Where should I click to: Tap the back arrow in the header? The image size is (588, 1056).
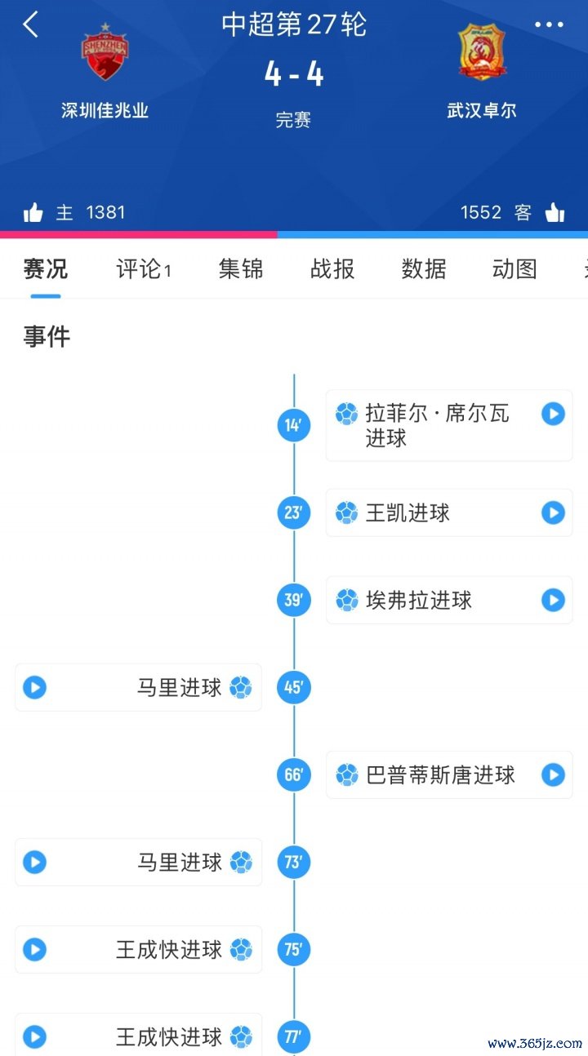point(30,24)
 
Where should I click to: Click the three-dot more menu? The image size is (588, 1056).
point(549,25)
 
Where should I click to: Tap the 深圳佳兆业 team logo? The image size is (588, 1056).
point(105,54)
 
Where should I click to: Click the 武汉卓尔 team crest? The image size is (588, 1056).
point(481,52)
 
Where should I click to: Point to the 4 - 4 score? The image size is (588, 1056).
point(294,74)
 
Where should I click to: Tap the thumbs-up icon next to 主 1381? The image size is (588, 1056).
point(33,213)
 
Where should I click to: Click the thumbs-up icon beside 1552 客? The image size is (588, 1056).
point(555,213)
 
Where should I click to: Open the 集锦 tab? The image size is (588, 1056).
point(241,269)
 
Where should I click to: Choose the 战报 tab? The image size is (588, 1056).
point(332,269)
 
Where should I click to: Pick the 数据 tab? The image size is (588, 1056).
point(424,269)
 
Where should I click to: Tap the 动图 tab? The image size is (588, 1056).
point(514,269)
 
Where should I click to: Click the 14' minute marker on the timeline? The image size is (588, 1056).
point(294,425)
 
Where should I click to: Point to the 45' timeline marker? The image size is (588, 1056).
point(294,687)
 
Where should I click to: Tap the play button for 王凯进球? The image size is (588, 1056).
point(553,512)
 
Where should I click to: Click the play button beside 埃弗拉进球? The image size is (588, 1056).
point(553,600)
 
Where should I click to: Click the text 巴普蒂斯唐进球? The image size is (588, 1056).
point(440,774)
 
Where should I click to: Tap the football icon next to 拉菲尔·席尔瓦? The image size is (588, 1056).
point(347,414)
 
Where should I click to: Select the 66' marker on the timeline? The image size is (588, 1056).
point(294,774)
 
